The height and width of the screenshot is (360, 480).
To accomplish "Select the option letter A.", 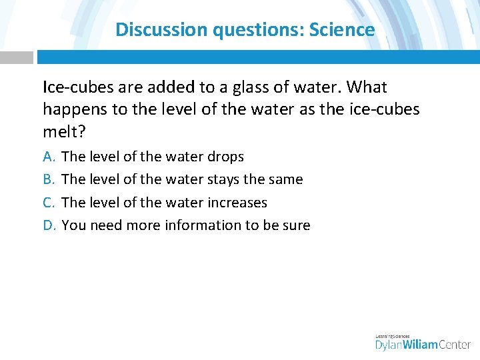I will tap(49, 157).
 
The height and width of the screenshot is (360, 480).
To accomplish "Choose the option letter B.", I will tap(49, 179).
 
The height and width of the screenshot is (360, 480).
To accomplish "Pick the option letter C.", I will tap(49, 202).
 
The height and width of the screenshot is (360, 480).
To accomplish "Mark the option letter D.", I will tap(49, 225).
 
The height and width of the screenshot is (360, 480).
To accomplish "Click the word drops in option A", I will tap(225, 157).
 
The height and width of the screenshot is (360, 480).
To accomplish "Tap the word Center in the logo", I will tap(454, 344).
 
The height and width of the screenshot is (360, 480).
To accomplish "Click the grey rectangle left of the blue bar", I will tap(16, 57).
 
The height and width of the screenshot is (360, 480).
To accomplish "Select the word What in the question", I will tap(366, 87).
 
